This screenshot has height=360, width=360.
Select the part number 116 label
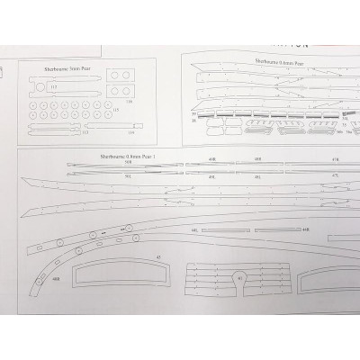tap(128, 102)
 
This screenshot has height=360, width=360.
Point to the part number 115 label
tap(115, 110)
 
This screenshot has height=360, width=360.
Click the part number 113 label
tap(84, 132)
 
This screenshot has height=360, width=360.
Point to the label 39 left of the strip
tap(193, 114)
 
